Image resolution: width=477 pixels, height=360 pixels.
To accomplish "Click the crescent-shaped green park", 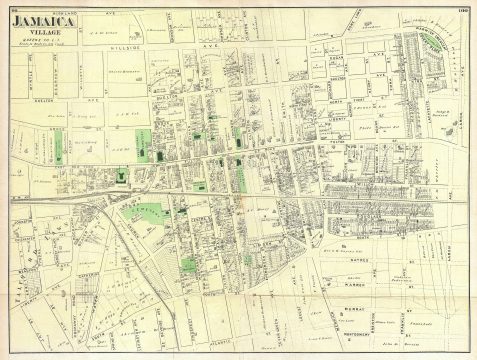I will tap(419, 50).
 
